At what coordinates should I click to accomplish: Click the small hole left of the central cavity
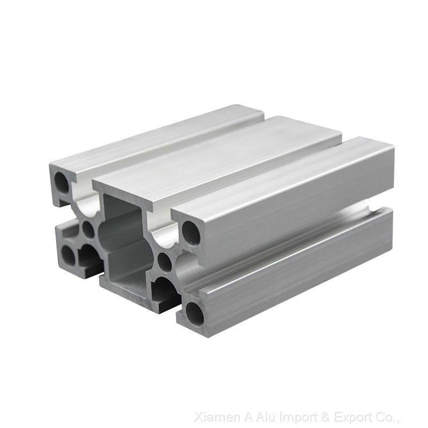pos(88,230)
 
